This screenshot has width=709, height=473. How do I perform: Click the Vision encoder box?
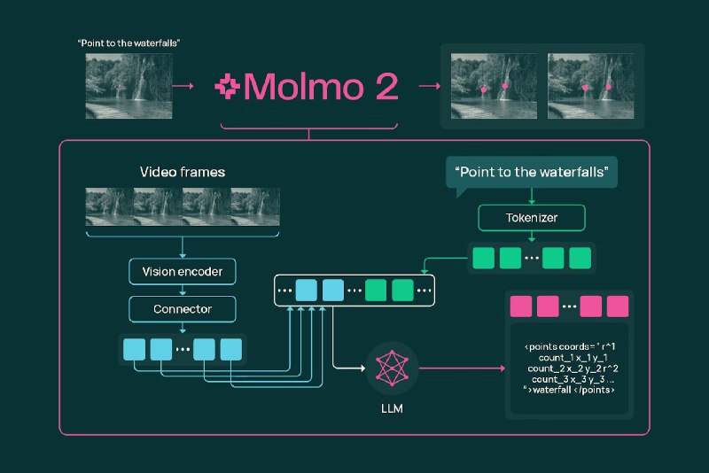pos(183,272)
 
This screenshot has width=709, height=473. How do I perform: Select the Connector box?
pos(183,309)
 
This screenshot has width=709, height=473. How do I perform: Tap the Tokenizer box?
pos(533,216)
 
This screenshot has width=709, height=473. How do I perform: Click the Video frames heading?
pos(182,172)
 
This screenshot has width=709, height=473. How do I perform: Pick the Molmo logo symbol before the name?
pos(229,87)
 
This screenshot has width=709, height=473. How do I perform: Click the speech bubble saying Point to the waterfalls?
pos(533,172)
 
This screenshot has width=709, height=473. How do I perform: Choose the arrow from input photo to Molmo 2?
pos(183,87)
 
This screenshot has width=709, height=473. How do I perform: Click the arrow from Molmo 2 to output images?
pos(429,87)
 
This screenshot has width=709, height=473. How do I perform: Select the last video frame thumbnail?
pos(255,206)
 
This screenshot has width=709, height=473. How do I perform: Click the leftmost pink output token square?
pos(520,307)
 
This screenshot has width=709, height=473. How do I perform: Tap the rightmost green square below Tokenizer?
pos(580,258)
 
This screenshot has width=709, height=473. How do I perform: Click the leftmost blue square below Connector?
pos(134,349)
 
